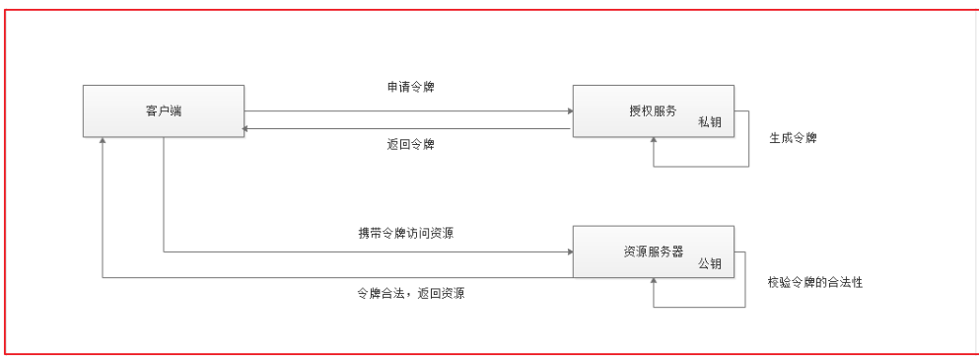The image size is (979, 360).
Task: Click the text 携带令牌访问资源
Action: point(405,234)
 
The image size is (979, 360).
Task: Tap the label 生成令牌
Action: point(793,138)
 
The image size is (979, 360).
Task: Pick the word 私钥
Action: point(710,121)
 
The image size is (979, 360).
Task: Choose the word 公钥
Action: point(710,263)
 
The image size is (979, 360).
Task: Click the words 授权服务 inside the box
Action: point(653,110)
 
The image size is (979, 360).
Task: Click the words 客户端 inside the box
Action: point(163,110)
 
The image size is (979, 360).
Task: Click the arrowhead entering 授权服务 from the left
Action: point(567,110)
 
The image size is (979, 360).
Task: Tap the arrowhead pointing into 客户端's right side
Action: point(247,128)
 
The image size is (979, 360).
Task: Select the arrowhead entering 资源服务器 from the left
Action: point(567,252)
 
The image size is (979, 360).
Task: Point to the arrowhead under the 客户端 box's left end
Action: point(103,142)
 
